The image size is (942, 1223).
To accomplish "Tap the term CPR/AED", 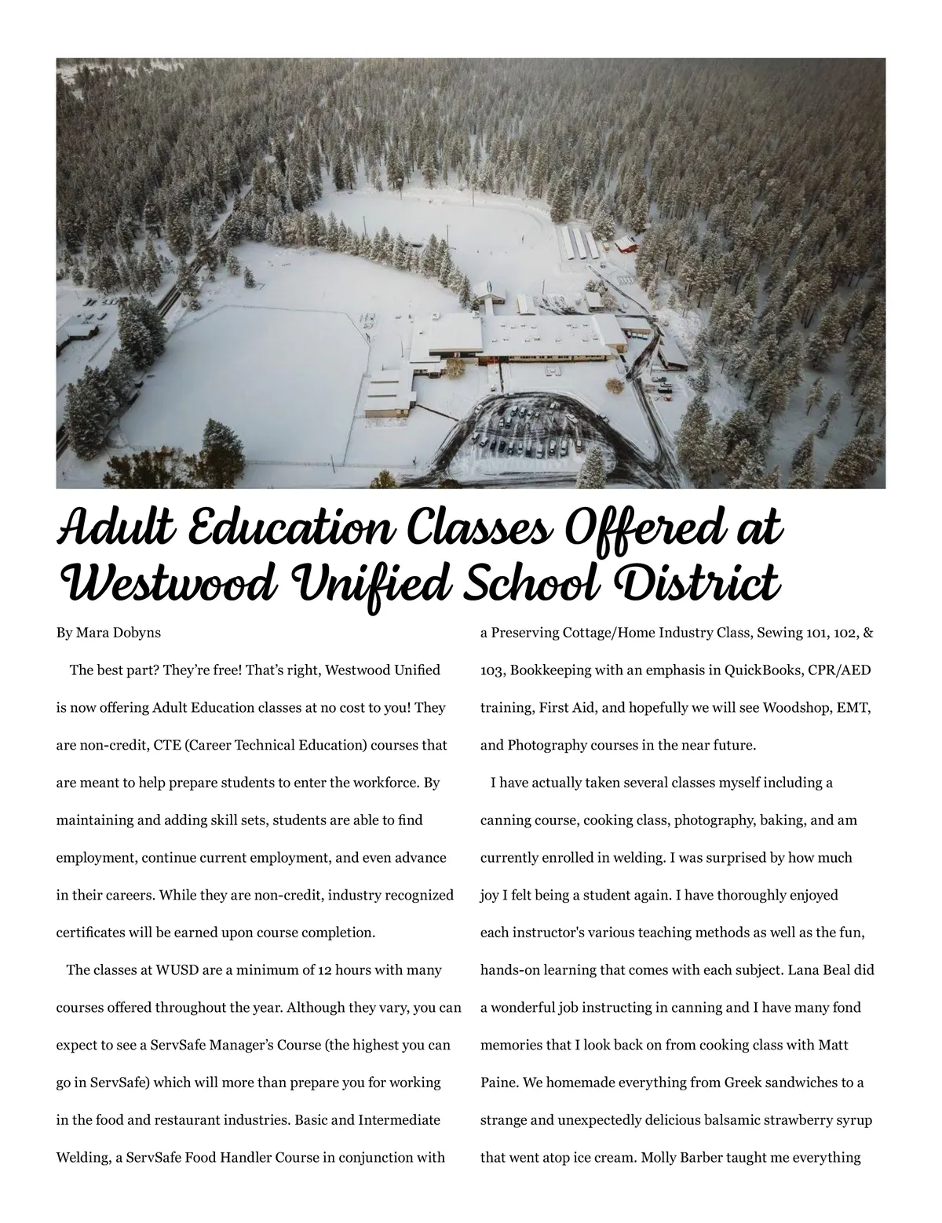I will pos(842,670).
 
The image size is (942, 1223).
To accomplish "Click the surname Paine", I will pos(498,1083).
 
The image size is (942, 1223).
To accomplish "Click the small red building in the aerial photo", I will pos(626,244).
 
